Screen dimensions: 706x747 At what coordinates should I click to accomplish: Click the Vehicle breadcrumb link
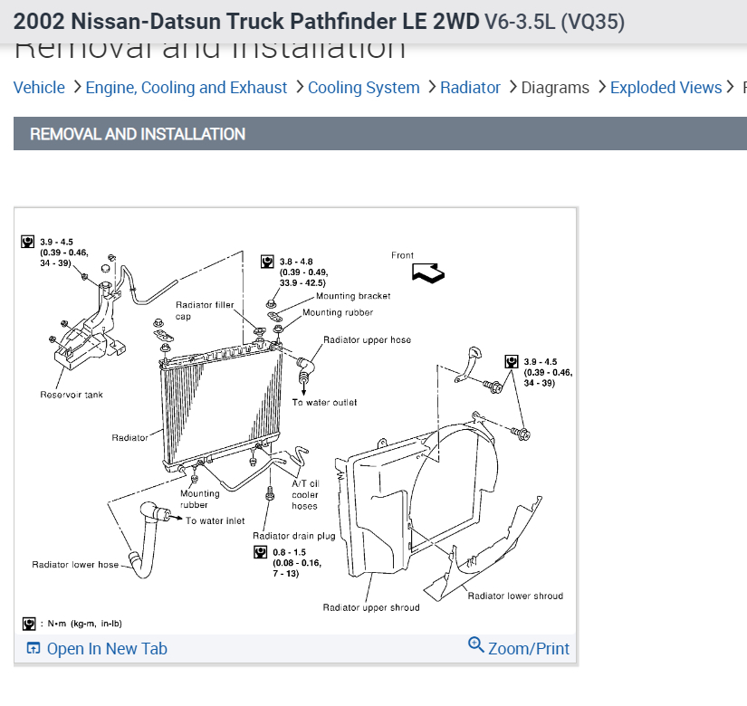coord(39,88)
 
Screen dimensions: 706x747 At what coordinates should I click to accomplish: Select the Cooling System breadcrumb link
coord(363,88)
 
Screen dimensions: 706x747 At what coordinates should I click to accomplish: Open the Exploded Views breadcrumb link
coord(666,88)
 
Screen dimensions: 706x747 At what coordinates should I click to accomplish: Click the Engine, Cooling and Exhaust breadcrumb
coord(186,88)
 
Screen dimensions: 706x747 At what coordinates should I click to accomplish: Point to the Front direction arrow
coord(427,272)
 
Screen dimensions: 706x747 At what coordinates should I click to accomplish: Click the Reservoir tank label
coord(72,395)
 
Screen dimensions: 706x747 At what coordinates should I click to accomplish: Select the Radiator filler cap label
coord(205,310)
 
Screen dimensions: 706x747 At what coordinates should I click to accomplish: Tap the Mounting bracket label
coord(353,296)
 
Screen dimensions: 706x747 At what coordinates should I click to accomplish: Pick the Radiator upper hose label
coord(367,340)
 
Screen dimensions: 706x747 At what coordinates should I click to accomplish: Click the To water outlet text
coord(324,402)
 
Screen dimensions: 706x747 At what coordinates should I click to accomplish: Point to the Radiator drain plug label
coord(294,536)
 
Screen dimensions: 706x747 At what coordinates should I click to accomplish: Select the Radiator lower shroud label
coord(514,596)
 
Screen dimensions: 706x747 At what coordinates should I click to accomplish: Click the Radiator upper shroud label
coord(371,607)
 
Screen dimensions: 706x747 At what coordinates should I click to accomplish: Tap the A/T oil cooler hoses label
coord(305,494)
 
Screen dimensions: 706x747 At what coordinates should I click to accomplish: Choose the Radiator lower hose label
coord(75,565)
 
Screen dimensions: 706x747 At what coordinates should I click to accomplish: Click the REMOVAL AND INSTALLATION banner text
coord(138,134)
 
